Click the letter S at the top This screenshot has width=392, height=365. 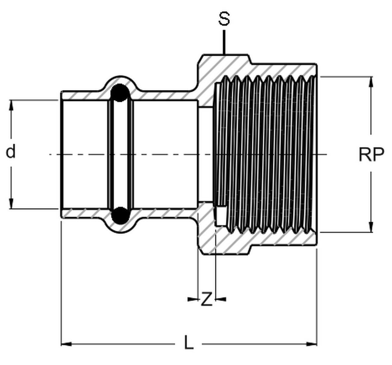pos(224,19)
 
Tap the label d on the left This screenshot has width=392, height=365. pos(11,151)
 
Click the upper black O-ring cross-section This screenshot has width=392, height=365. pos(120,93)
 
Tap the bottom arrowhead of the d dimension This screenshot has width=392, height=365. pos(11,203)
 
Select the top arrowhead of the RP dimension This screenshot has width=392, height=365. pos(371,82)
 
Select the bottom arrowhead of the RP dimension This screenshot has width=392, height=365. pos(371,227)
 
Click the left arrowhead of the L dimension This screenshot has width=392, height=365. pos(67,344)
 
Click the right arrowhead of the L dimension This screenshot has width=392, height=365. pos(311,344)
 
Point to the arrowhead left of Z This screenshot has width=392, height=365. pos(192,299)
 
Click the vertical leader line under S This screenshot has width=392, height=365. pos(224,42)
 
